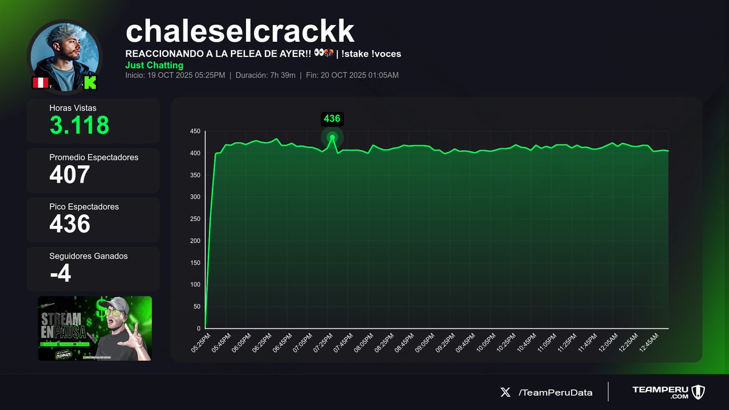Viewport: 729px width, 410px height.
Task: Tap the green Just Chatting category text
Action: pos(154,66)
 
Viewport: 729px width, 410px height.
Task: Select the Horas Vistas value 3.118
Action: pos(79,125)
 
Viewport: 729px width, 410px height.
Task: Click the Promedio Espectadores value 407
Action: pos(69,174)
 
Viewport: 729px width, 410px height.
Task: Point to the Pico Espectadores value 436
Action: pos(69,224)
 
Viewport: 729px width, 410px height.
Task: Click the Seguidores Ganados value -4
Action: pos(60,273)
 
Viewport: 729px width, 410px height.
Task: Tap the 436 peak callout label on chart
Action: pos(332,118)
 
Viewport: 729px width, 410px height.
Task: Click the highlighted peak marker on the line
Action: pos(332,137)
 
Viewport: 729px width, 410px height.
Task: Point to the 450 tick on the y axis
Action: pos(195,131)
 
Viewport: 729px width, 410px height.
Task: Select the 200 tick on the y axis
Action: pos(195,241)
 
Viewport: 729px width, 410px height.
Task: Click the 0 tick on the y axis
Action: pos(198,329)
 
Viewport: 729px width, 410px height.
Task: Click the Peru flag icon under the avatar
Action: pos(40,83)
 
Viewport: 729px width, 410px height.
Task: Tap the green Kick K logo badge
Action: pos(91,83)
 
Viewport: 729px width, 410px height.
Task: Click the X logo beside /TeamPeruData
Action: pos(505,392)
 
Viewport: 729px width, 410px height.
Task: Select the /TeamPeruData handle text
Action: pos(555,392)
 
